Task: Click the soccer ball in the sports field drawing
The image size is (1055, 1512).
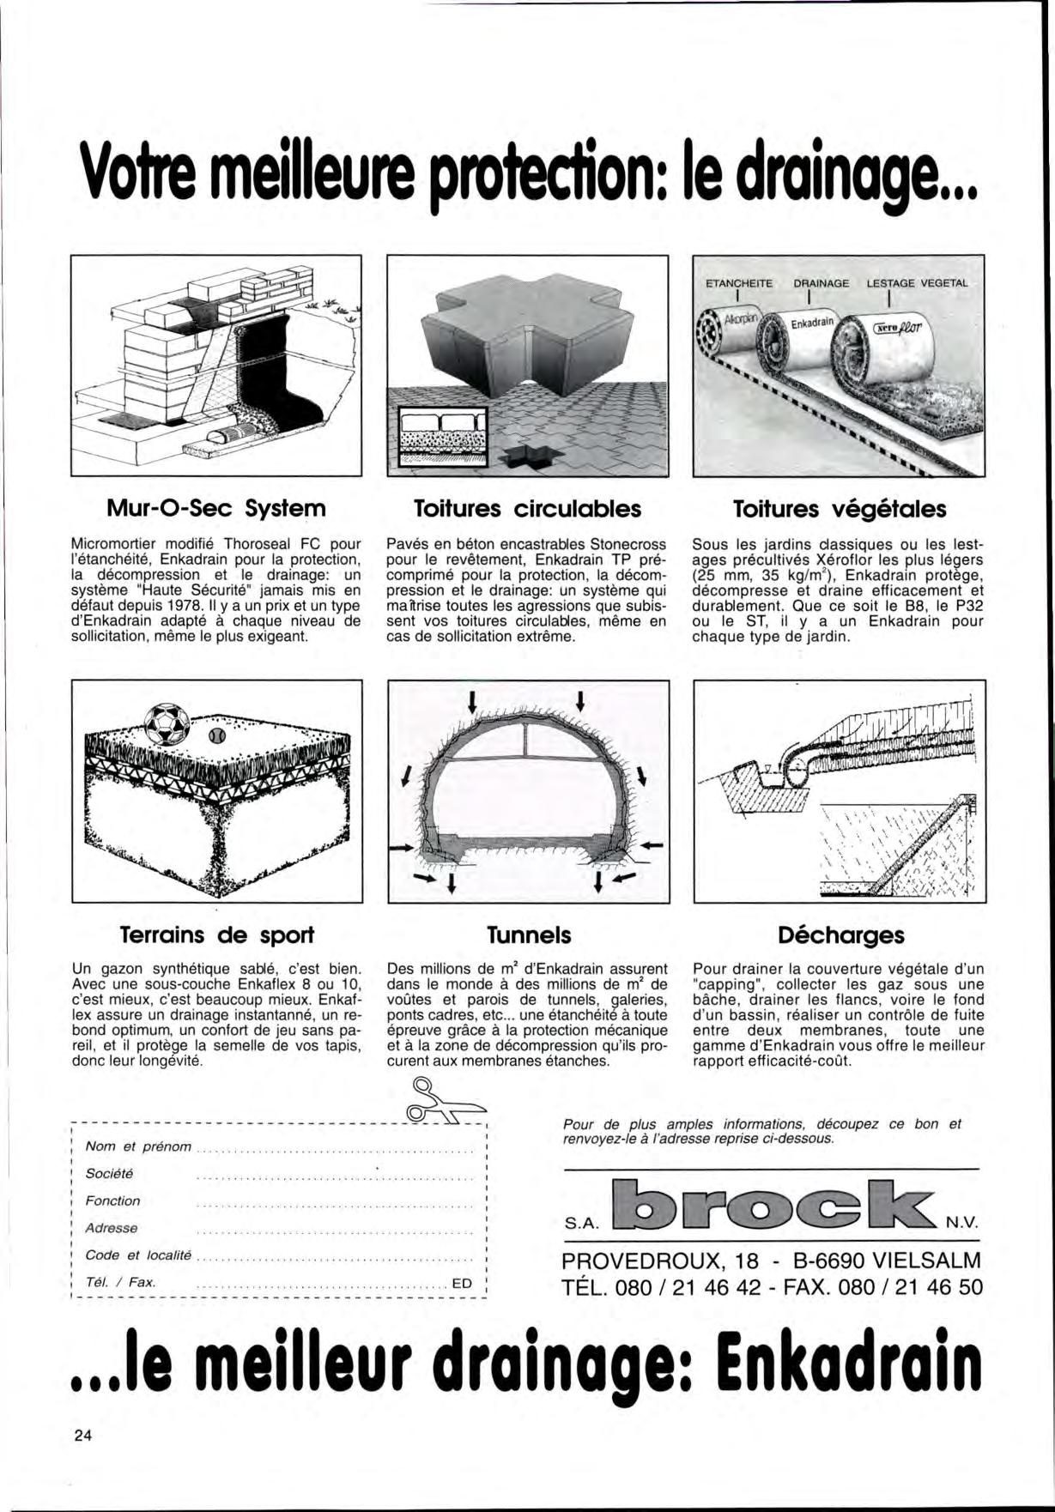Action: click(x=167, y=724)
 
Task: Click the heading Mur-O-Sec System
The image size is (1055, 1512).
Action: click(x=215, y=509)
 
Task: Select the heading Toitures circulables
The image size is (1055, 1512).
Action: click(x=527, y=509)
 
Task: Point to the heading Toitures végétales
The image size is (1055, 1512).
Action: click(x=839, y=510)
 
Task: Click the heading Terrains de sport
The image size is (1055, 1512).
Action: click(x=216, y=934)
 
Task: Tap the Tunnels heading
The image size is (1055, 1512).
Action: click(x=528, y=934)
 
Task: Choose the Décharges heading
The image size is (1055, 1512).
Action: click(x=840, y=934)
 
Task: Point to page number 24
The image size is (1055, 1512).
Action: click(x=83, y=1436)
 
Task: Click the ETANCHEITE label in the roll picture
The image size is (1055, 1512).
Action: click(x=738, y=282)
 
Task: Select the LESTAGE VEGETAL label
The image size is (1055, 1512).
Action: click(x=917, y=282)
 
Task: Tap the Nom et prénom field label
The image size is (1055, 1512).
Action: click(x=138, y=1146)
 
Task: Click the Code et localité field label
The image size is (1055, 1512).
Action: click(x=138, y=1255)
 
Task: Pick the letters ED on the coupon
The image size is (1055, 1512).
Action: click(x=462, y=1284)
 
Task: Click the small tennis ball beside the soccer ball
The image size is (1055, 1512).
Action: click(x=215, y=735)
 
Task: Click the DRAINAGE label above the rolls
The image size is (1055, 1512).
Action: click(x=821, y=282)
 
